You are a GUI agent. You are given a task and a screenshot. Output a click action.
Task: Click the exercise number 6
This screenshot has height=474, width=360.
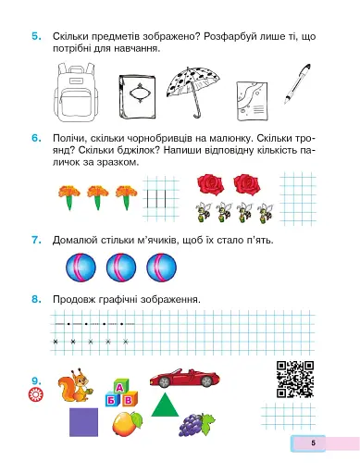[x=34, y=138]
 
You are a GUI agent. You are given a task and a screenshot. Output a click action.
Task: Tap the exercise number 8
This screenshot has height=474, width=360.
[x=34, y=299]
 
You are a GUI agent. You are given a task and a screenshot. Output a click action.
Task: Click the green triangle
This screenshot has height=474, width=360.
[x=165, y=405]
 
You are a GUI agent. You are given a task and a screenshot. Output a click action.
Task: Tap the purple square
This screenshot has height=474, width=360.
[x=84, y=425]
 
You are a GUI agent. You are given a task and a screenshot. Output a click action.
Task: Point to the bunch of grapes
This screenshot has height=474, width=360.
[x=192, y=424]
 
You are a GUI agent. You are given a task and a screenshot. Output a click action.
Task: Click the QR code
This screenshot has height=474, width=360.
[x=296, y=379]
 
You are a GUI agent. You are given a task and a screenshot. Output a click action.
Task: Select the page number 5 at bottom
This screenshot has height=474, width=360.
[x=313, y=444]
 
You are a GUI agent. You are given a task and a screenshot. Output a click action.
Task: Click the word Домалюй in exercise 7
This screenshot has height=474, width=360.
[x=76, y=241]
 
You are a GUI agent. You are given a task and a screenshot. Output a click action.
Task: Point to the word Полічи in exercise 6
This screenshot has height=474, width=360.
[x=71, y=138]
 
